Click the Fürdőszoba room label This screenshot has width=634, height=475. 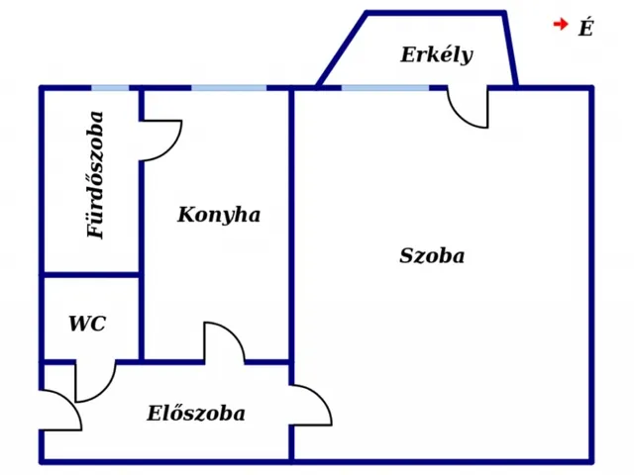(96, 174)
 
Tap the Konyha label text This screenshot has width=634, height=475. (219, 215)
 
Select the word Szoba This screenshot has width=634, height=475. (432, 255)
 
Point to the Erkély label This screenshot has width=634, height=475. (437, 54)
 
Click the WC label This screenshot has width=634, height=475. (86, 324)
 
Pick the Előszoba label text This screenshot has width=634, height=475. (196, 414)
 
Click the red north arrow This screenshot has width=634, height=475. (561, 25)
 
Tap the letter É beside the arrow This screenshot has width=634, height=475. (585, 29)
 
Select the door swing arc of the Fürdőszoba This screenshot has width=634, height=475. (162, 140)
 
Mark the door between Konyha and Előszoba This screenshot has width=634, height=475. (224, 342)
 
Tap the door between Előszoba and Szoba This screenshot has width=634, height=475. (311, 405)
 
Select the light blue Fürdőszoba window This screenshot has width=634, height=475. (111, 88)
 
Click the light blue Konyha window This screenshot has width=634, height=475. (229, 88)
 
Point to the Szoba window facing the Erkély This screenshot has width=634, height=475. (385, 88)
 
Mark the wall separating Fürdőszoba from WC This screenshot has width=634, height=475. (91, 274)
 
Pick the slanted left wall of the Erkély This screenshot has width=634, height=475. (342, 49)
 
